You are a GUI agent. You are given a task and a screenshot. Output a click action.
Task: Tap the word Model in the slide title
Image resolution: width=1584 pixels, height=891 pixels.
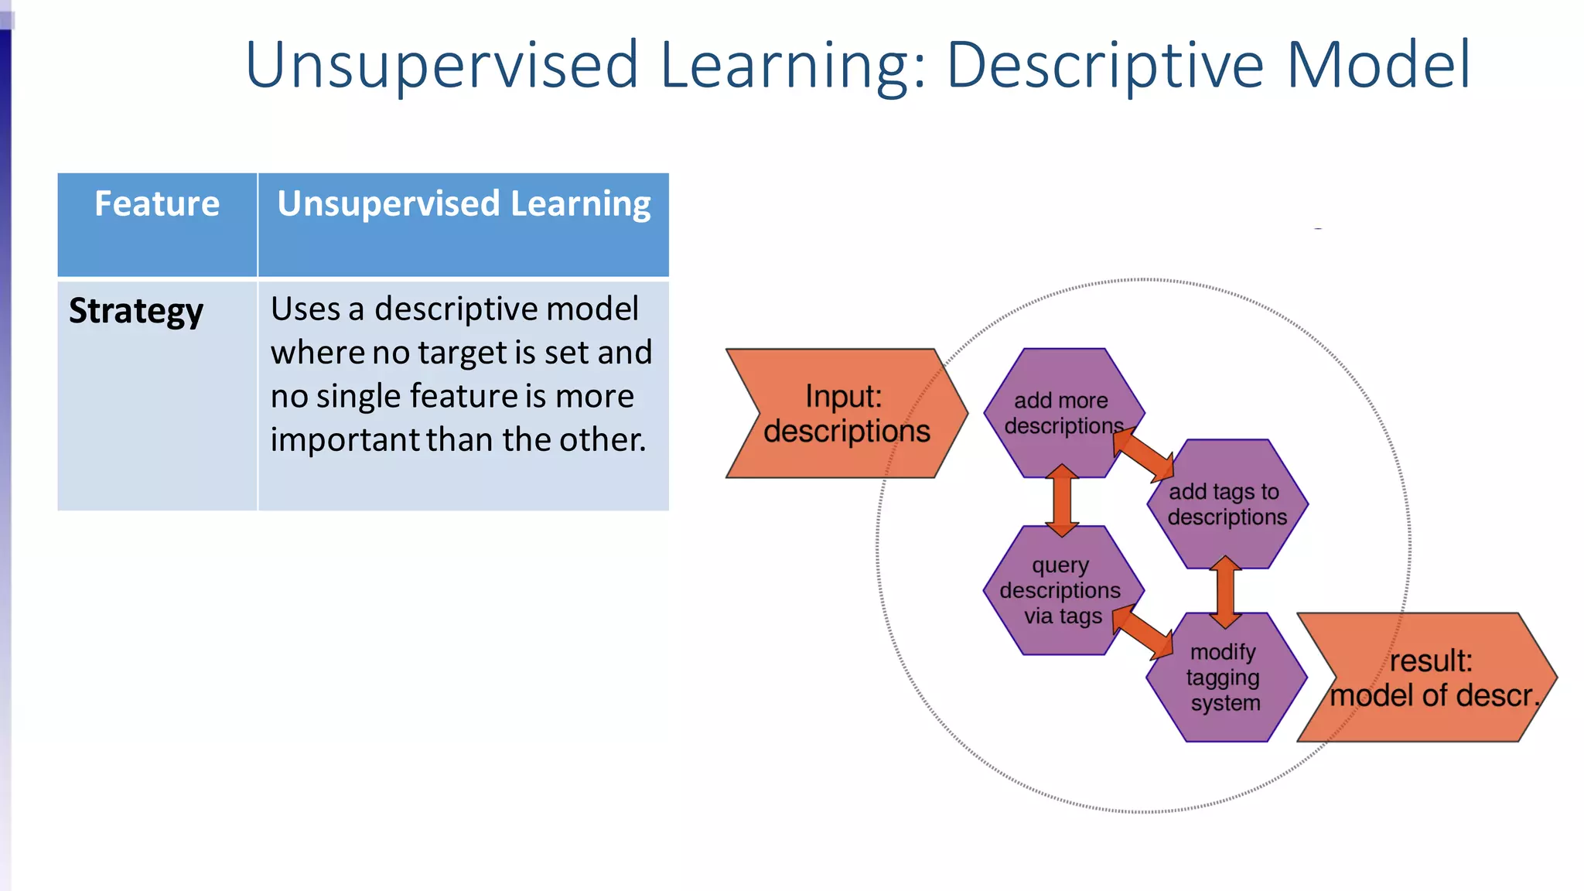click(1378, 65)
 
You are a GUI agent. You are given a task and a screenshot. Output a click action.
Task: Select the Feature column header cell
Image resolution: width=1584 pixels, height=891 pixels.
click(157, 224)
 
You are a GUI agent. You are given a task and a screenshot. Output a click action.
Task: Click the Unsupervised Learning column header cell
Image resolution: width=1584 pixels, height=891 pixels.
click(463, 224)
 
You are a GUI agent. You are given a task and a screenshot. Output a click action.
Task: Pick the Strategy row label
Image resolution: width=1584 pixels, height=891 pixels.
click(136, 311)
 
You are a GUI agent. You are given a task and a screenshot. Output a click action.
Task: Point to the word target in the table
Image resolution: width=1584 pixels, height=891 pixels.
click(463, 353)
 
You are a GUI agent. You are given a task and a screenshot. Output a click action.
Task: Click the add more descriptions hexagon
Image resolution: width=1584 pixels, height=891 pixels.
click(1063, 413)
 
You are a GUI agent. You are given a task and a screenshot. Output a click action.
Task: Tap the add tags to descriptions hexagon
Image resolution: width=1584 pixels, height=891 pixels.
click(1227, 504)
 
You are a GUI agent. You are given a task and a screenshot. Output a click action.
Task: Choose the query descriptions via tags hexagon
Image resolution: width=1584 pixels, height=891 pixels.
click(1061, 591)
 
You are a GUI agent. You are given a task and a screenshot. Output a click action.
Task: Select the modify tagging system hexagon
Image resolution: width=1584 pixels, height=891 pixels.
click(1225, 678)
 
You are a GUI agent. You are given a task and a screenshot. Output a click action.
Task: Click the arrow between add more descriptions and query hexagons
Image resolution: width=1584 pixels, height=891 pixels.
click(1062, 501)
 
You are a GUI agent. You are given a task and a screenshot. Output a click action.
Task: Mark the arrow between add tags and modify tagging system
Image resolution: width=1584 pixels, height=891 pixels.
click(1225, 591)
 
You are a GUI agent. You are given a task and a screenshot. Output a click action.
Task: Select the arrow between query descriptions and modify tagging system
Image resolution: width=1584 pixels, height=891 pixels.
click(1143, 631)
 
